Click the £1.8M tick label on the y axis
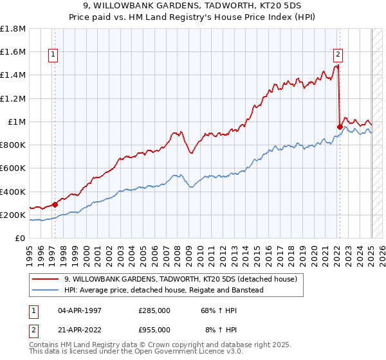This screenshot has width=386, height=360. (13, 29)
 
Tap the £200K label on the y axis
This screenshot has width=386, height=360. (13, 215)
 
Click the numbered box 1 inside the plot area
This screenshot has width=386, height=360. (53, 55)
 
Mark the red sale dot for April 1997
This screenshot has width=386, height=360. (55, 205)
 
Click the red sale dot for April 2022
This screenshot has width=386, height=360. (339, 127)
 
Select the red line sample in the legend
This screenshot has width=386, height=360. (46, 279)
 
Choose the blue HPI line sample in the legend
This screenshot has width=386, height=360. (46, 290)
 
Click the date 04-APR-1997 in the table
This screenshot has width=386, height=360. (80, 310)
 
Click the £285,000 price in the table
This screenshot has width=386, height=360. (153, 310)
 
